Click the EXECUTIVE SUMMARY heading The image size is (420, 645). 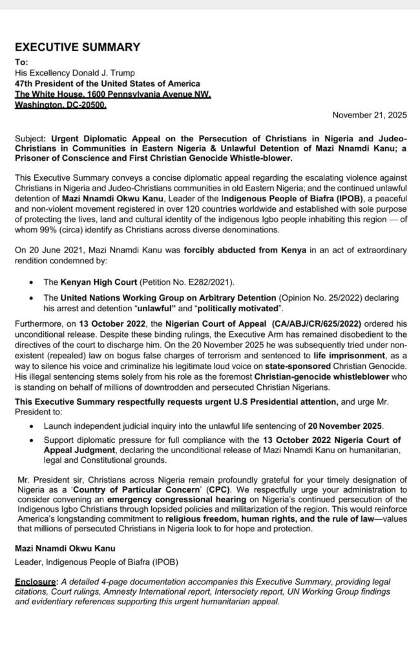tap(77, 46)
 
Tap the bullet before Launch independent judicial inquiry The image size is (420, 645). tap(32, 427)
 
